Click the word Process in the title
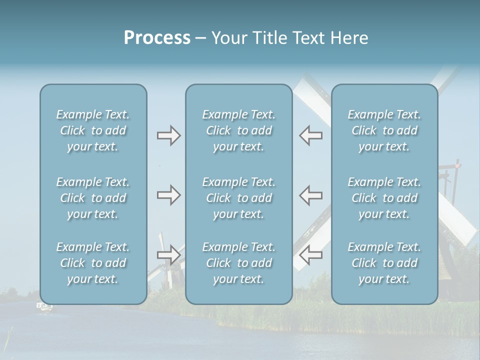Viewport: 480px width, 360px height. point(157,38)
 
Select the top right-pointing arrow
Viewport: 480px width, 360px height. point(168,135)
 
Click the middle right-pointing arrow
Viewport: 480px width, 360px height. point(168,195)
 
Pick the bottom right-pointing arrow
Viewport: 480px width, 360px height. point(168,255)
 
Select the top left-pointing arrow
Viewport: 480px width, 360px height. point(310,135)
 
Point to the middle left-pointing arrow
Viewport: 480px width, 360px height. point(310,195)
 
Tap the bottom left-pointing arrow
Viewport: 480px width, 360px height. point(310,255)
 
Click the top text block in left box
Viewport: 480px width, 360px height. point(93,130)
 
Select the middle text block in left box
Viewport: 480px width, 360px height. point(93,198)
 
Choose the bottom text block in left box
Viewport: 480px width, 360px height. point(93,263)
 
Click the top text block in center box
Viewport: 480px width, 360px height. point(238,130)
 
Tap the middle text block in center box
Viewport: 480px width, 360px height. point(238,198)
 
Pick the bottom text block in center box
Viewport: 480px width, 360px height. point(238,263)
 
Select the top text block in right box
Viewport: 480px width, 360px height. point(384,130)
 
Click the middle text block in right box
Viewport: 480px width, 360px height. point(384,198)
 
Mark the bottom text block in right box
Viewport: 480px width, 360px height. point(384,263)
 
